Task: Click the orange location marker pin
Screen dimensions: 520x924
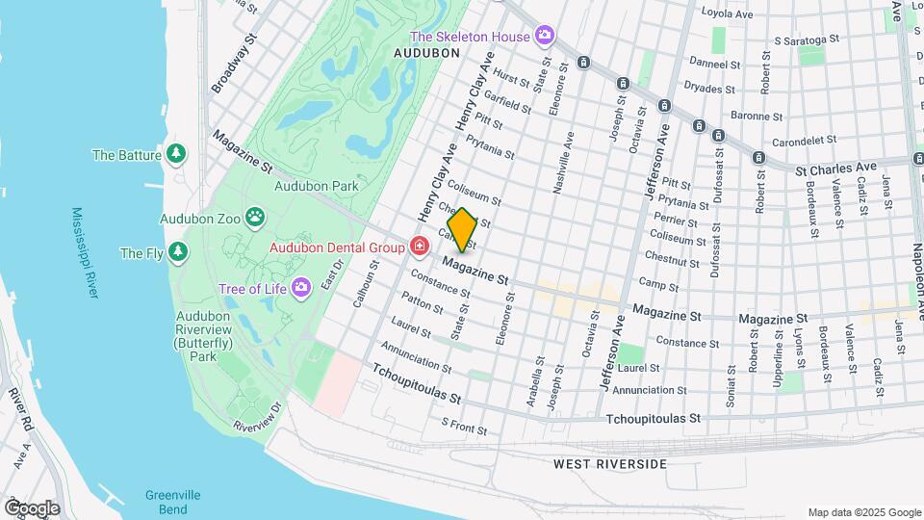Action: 462,230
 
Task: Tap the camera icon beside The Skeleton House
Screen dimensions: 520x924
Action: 546,36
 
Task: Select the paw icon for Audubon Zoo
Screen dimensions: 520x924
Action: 256,218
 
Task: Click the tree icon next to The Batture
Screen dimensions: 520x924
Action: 175,154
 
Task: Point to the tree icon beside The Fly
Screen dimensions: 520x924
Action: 177,253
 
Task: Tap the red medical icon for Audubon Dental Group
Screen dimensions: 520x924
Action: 419,247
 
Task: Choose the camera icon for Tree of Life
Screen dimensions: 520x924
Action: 301,287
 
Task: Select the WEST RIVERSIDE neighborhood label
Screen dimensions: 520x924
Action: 609,464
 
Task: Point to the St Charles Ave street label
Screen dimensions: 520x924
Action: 833,169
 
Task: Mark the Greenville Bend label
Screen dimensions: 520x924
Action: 173,501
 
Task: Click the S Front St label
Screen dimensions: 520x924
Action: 464,422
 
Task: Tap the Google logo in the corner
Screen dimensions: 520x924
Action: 32,507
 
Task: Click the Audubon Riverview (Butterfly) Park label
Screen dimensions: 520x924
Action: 208,335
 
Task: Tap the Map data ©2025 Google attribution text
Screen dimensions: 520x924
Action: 864,512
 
